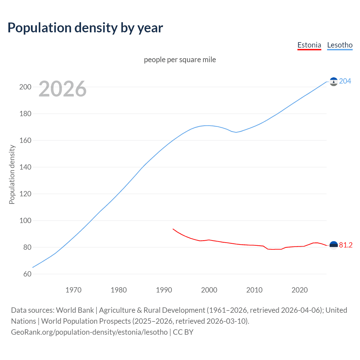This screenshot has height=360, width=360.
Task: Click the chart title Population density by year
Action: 85,28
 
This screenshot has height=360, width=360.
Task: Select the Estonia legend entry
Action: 309,45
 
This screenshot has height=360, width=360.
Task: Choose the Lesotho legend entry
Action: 340,45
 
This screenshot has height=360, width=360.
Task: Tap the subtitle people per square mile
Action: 180,60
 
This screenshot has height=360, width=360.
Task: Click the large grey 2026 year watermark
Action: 62,89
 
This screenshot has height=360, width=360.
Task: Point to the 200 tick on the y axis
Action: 25,87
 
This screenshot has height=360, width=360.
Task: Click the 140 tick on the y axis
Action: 25,167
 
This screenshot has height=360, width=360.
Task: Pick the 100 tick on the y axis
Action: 25,220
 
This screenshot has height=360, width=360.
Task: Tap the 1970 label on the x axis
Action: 73,290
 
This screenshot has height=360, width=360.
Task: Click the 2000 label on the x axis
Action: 209,290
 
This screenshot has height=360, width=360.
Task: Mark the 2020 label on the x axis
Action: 300,290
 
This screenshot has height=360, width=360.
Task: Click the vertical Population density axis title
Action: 12,174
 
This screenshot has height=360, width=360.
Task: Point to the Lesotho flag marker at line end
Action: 334,82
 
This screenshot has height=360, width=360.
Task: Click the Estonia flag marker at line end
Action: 334,245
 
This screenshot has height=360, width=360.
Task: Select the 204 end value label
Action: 345,81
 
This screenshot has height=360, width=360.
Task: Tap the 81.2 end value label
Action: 346,245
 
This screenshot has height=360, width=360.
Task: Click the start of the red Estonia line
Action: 173,229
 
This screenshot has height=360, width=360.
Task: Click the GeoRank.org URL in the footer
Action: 89,332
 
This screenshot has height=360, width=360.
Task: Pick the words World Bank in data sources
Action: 75,310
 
